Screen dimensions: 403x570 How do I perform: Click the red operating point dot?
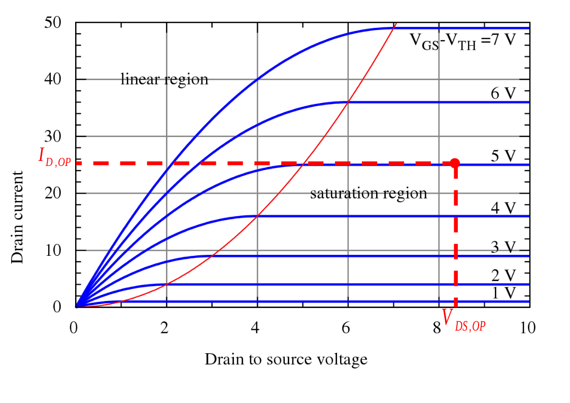pyautogui.click(x=455, y=163)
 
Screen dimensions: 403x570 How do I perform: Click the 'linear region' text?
pyautogui.click(x=164, y=80)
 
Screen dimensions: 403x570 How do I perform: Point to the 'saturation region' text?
pyautogui.click(x=368, y=193)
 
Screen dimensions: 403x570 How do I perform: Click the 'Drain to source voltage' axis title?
pyautogui.click(x=286, y=359)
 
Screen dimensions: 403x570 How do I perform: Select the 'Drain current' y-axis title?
pyautogui.click(x=18, y=217)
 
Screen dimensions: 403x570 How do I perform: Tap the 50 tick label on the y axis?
pyautogui.click(x=53, y=23)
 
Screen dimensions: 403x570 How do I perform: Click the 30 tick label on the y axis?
pyautogui.click(x=53, y=137)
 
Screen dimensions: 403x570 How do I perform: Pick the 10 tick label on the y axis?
pyautogui.click(x=53, y=250)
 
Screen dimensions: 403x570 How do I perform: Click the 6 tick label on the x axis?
pyautogui.click(x=346, y=328)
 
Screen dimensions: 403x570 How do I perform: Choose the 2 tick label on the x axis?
pyautogui.click(x=164, y=328)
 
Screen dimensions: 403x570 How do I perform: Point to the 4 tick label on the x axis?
pyautogui.click(x=255, y=328)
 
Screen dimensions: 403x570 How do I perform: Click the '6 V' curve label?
pyautogui.click(x=504, y=94)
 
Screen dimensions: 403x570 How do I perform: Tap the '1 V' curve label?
pyautogui.click(x=504, y=293)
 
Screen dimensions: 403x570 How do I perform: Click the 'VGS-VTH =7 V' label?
pyautogui.click(x=462, y=40)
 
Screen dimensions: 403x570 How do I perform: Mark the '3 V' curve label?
pyautogui.click(x=504, y=247)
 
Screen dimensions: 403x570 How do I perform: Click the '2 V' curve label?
pyautogui.click(x=504, y=276)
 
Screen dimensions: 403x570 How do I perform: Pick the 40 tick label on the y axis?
pyautogui.click(x=53, y=80)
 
